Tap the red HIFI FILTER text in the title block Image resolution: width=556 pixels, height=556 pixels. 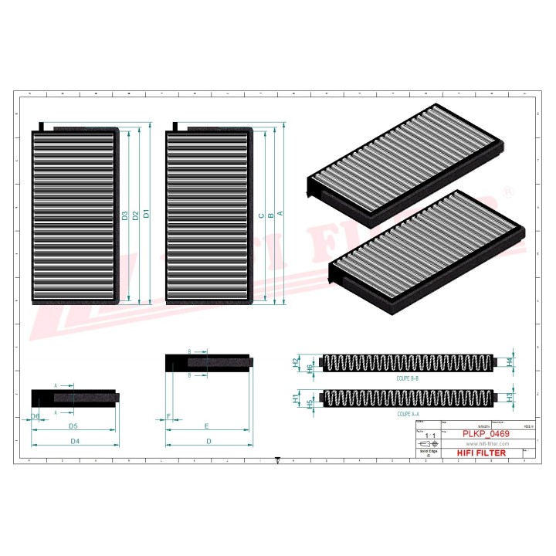point(481,453)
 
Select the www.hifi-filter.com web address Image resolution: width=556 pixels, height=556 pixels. point(481,444)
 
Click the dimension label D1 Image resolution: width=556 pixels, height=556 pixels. point(147,214)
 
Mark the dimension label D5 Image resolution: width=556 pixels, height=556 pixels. point(73,426)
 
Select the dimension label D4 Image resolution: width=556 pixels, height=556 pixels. point(76,441)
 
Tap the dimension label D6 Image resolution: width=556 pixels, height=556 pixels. point(36,416)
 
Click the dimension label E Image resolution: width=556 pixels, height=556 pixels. point(207,426)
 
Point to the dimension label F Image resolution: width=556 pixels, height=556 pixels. point(168,416)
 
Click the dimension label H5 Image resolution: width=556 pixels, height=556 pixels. point(310,403)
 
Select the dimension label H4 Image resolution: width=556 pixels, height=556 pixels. point(509,361)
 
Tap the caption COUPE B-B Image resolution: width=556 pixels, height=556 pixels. point(408,378)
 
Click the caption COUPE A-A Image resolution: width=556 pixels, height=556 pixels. point(408,414)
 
